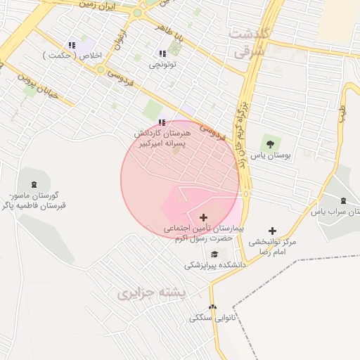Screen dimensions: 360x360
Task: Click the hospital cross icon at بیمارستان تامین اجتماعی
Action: click(x=204, y=218)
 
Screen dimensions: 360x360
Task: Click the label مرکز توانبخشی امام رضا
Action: click(x=273, y=246)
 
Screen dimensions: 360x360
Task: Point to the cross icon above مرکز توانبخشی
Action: click(x=273, y=231)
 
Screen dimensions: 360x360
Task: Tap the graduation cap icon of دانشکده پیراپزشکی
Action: click(x=214, y=254)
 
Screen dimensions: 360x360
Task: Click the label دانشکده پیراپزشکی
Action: click(x=215, y=266)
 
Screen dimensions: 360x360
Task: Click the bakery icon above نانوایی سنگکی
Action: click(x=213, y=307)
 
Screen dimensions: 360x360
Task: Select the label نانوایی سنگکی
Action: click(x=208, y=319)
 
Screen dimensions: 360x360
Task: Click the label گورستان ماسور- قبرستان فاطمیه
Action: click(x=35, y=200)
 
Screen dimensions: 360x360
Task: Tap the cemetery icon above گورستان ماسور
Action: click(x=34, y=184)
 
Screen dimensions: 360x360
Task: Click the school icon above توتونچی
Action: click(x=162, y=53)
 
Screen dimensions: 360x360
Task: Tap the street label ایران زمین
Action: click(x=99, y=8)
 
